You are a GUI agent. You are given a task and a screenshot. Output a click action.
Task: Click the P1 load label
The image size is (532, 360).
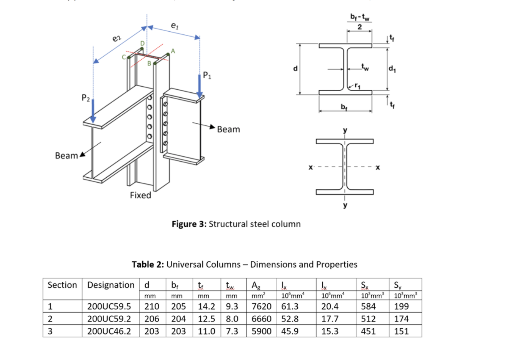208,74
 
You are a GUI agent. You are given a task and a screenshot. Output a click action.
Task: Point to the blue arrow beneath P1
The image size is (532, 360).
200,85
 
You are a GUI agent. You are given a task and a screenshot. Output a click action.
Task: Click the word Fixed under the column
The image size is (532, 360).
140,195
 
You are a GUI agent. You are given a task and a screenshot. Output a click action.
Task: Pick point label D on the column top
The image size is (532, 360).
143,43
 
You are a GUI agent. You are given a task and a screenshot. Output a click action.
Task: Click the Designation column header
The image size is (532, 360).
110,285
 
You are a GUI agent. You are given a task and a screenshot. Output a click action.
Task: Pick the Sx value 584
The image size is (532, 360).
368,307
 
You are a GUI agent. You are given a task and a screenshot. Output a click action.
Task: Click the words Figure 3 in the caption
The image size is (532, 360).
188,224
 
